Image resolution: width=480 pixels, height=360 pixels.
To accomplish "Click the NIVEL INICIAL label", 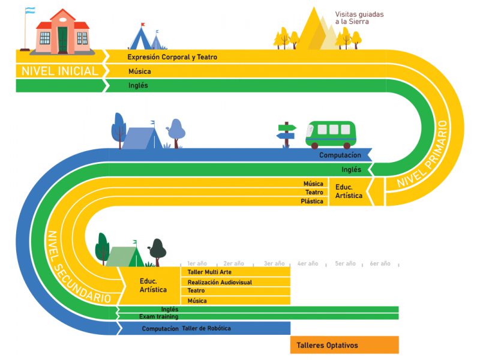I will pyautogui.click(x=59, y=71).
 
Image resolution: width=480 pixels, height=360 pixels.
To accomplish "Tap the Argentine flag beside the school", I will pyautogui.click(x=29, y=11).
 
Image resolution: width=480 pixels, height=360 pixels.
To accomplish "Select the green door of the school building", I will pyautogui.click(x=62, y=40).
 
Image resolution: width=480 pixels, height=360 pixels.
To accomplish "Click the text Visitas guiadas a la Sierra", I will pyautogui.click(x=359, y=17).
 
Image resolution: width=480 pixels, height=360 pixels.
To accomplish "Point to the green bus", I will pyautogui.click(x=331, y=134).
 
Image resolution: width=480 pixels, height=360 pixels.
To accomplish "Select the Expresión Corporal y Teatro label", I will pyautogui.click(x=172, y=57).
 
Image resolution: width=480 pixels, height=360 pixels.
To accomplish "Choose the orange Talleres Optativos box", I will pyautogui.click(x=344, y=345).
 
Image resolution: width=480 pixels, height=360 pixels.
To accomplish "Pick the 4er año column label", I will pyautogui.click(x=308, y=263).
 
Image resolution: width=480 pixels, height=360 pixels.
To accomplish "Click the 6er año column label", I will pyautogui.click(x=380, y=263).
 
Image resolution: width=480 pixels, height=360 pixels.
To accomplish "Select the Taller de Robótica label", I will pyautogui.click(x=206, y=328).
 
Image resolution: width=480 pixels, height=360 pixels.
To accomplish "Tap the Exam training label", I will pyautogui.click(x=158, y=316).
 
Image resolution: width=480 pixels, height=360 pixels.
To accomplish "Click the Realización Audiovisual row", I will pyautogui.click(x=220, y=282).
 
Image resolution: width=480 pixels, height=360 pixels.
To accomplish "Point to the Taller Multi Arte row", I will pyautogui.click(x=209, y=272).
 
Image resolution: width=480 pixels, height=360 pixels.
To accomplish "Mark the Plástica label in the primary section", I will pyautogui.click(x=312, y=202).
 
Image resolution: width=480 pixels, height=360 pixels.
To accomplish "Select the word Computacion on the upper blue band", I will pyautogui.click(x=340, y=155).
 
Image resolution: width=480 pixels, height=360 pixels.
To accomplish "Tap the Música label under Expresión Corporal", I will pyautogui.click(x=139, y=71).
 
